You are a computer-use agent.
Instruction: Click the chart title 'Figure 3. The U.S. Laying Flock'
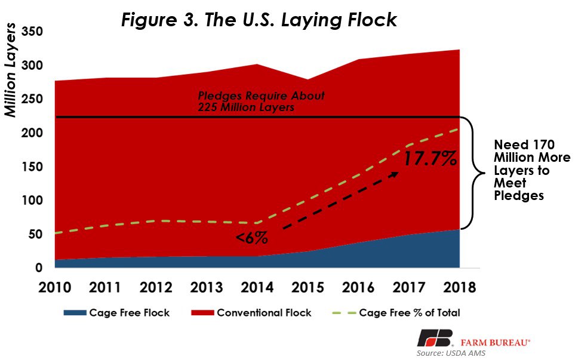point(259,19)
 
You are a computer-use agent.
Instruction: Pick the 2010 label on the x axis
point(54,287)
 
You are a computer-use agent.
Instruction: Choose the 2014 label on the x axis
point(257,287)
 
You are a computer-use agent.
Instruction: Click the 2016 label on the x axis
point(358,287)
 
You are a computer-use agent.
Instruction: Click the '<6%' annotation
point(251,238)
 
